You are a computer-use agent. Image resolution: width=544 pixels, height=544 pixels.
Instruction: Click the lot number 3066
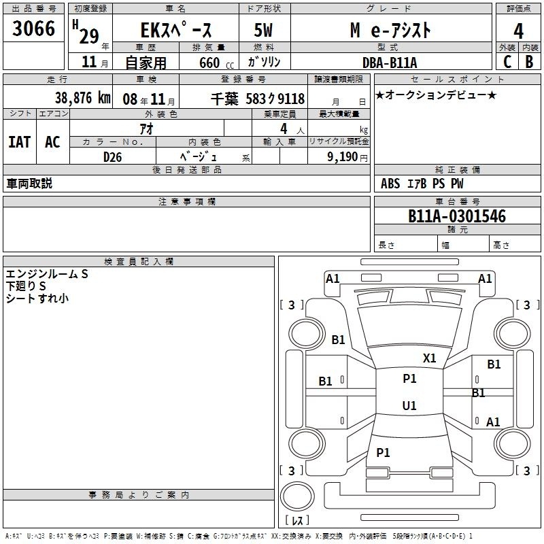point(33,29)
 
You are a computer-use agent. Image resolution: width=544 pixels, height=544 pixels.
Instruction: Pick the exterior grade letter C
point(507,61)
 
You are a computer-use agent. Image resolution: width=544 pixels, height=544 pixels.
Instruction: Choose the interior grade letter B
point(529,61)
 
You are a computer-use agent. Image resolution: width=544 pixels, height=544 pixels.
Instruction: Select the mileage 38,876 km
point(82,97)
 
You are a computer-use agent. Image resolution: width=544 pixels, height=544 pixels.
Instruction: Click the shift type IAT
point(19,142)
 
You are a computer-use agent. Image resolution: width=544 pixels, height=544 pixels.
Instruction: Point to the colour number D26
point(113,156)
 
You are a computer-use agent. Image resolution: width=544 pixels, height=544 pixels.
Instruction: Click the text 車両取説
point(29,184)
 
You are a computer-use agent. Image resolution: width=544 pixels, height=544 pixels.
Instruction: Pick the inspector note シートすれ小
point(37,298)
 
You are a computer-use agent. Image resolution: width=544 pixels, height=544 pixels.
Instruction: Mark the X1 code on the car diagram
point(430,358)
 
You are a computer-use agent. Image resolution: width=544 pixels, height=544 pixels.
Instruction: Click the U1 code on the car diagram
point(409,405)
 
